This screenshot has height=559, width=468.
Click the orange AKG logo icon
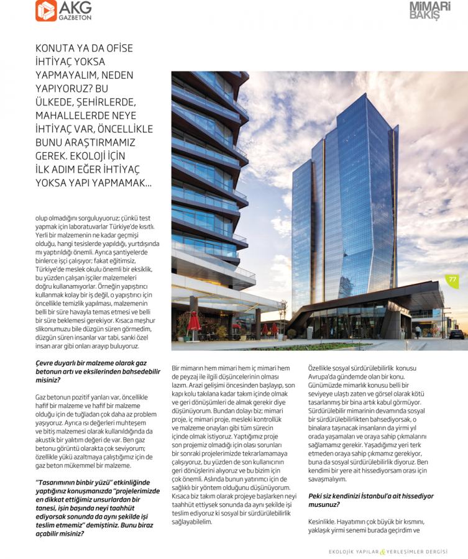click(46, 11)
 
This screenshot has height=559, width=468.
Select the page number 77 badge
click(452, 280)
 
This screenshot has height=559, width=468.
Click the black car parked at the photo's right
click(456, 334)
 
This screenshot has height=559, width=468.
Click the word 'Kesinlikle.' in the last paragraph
click(323, 522)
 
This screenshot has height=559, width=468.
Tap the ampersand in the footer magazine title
click(384, 552)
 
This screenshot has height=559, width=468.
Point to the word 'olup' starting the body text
click(42, 218)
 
